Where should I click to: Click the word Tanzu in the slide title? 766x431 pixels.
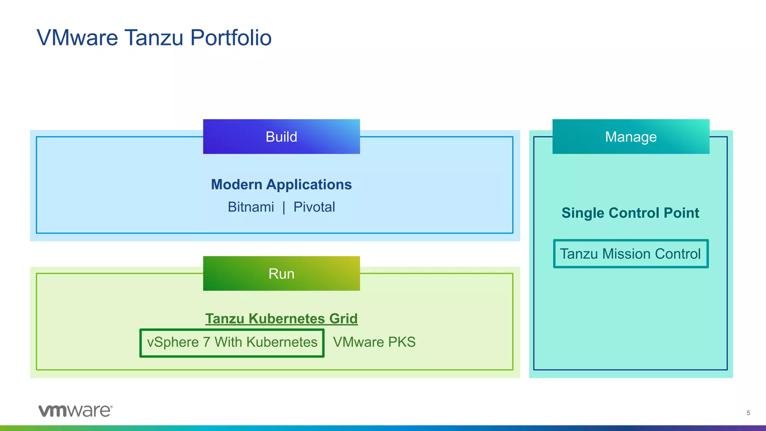(x=154, y=38)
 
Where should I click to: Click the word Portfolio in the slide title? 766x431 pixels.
(x=231, y=38)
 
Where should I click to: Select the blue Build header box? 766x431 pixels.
(x=281, y=137)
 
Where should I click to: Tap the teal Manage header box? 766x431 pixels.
(x=631, y=137)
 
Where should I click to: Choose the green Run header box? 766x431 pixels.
(x=281, y=274)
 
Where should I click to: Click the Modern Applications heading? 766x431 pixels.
(x=281, y=185)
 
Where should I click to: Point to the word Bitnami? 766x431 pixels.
(x=251, y=207)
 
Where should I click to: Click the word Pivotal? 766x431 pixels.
(x=314, y=207)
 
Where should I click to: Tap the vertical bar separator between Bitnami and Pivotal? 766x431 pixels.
(x=284, y=207)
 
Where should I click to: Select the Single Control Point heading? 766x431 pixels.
(x=630, y=213)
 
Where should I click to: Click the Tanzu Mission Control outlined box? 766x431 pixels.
(x=631, y=254)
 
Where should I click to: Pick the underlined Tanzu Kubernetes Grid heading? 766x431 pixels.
(x=281, y=319)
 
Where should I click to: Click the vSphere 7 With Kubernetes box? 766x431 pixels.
(x=232, y=342)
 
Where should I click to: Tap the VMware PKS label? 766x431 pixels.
(x=374, y=342)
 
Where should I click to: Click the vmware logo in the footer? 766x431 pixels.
(x=75, y=411)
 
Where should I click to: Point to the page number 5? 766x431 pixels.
(x=748, y=413)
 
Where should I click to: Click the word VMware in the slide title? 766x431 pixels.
(x=77, y=38)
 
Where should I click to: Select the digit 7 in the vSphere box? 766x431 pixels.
(x=206, y=342)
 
